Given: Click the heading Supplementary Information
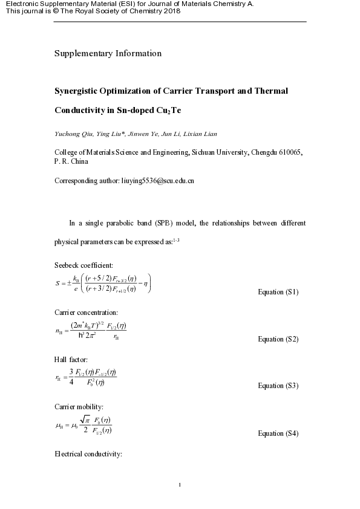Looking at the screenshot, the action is click(108, 53).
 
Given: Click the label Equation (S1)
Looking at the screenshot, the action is click(278, 292).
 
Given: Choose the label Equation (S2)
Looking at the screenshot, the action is click(278, 339).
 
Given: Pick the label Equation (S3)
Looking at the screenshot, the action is click(278, 386).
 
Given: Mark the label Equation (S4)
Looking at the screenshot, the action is click(278, 433).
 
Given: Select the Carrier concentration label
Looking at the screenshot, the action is click(86, 313).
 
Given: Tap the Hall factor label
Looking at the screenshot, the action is click(71, 359).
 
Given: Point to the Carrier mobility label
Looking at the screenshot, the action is click(79, 406).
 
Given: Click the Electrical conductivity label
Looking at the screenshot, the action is click(89, 453).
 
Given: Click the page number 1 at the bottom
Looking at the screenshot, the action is click(180, 485).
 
